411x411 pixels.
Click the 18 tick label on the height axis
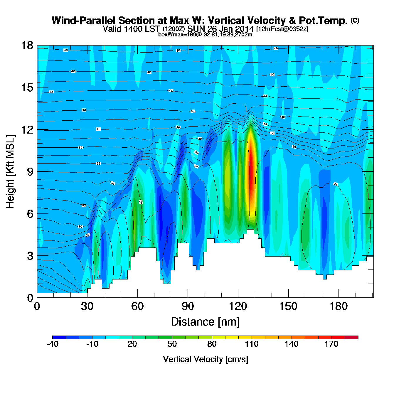[27, 46]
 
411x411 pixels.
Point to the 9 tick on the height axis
[30, 172]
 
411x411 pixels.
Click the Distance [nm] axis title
[205, 322]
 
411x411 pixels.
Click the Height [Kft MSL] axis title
[10, 172]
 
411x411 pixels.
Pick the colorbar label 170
[331, 344]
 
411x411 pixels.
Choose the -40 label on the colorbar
[53, 344]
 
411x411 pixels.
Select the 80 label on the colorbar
[212, 344]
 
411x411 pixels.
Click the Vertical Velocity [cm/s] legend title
[206, 359]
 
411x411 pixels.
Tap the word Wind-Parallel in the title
[84, 21]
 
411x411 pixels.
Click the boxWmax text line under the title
[205, 35]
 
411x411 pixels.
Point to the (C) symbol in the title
[355, 20]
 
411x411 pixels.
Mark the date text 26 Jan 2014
[231, 29]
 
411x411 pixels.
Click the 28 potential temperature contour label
[87, 235]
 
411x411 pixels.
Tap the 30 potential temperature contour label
[80, 227]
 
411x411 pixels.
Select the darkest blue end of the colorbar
[59, 337]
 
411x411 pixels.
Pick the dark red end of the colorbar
[351, 337]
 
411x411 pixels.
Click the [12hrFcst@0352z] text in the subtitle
[282, 29]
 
